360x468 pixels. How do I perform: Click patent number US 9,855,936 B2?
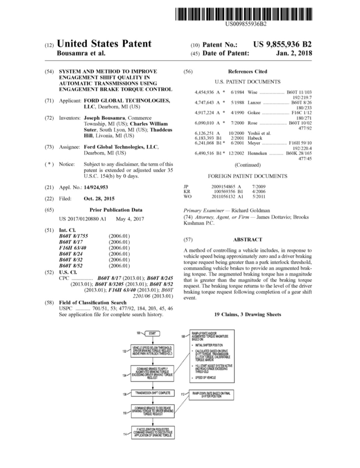(x=282, y=45)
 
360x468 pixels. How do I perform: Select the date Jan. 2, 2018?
(x=294, y=53)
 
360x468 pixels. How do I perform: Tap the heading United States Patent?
(x=104, y=44)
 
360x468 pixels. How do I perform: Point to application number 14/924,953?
(x=96, y=187)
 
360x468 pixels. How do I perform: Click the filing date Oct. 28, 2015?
(x=99, y=198)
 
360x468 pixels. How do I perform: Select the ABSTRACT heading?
(x=247, y=239)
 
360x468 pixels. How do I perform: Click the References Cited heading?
(x=247, y=72)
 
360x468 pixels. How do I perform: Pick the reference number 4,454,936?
(x=204, y=92)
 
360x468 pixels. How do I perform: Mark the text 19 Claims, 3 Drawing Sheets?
(x=247, y=315)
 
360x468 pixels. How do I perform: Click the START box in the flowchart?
(x=152, y=333)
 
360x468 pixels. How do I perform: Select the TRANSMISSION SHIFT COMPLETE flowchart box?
(x=153, y=393)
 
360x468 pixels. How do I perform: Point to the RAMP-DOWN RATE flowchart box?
(x=211, y=394)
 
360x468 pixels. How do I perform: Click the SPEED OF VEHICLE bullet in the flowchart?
(x=205, y=378)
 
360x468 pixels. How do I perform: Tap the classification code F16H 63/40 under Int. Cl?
(x=73, y=248)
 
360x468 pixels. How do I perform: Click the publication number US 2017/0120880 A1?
(x=83, y=219)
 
